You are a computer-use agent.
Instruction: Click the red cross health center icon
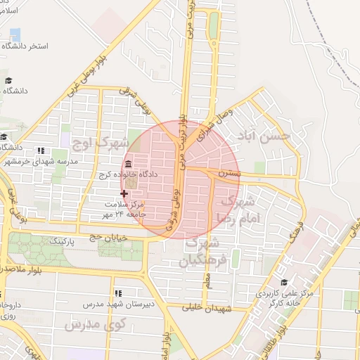[x=124, y=193]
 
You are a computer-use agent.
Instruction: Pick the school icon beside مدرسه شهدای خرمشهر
[x=40, y=150]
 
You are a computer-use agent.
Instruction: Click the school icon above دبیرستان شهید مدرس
[x=117, y=291]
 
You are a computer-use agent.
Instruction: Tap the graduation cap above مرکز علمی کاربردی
[x=283, y=282]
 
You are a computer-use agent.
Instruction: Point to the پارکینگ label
[x=63, y=240]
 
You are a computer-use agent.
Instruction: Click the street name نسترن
[x=229, y=172]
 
